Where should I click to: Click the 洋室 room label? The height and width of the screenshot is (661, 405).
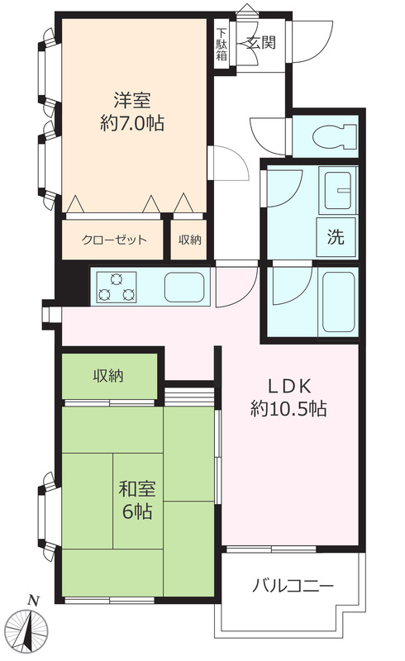[x=132, y=100]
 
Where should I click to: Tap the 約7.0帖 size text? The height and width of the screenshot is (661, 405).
[x=132, y=123]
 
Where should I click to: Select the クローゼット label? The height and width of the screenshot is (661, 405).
[x=114, y=240]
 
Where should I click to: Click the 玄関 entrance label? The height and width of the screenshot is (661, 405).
[x=261, y=43]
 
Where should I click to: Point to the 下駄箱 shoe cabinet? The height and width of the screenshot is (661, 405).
[x=222, y=45]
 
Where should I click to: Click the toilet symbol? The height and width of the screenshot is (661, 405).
[x=335, y=136]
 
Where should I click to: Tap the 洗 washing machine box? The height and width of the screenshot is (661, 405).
[x=336, y=237]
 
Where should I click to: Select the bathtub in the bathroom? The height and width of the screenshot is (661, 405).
[x=338, y=302]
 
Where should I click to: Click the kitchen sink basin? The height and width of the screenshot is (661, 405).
[x=184, y=287]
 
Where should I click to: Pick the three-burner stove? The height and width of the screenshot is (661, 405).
[x=117, y=287]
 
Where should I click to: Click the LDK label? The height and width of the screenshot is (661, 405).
[x=290, y=385]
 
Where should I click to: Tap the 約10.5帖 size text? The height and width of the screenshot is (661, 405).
[x=288, y=408]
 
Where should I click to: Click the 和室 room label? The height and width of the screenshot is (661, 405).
[x=137, y=488]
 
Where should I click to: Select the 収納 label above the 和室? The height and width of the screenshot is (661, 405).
[x=108, y=375]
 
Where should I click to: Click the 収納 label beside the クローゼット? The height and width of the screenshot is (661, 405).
[x=189, y=240]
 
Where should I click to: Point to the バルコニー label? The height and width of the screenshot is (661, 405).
[x=293, y=586]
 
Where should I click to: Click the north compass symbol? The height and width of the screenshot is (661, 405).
[x=29, y=631]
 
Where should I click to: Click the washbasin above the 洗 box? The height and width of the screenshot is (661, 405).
[x=338, y=189]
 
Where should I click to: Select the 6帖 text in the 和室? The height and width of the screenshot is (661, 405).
[x=137, y=511]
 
